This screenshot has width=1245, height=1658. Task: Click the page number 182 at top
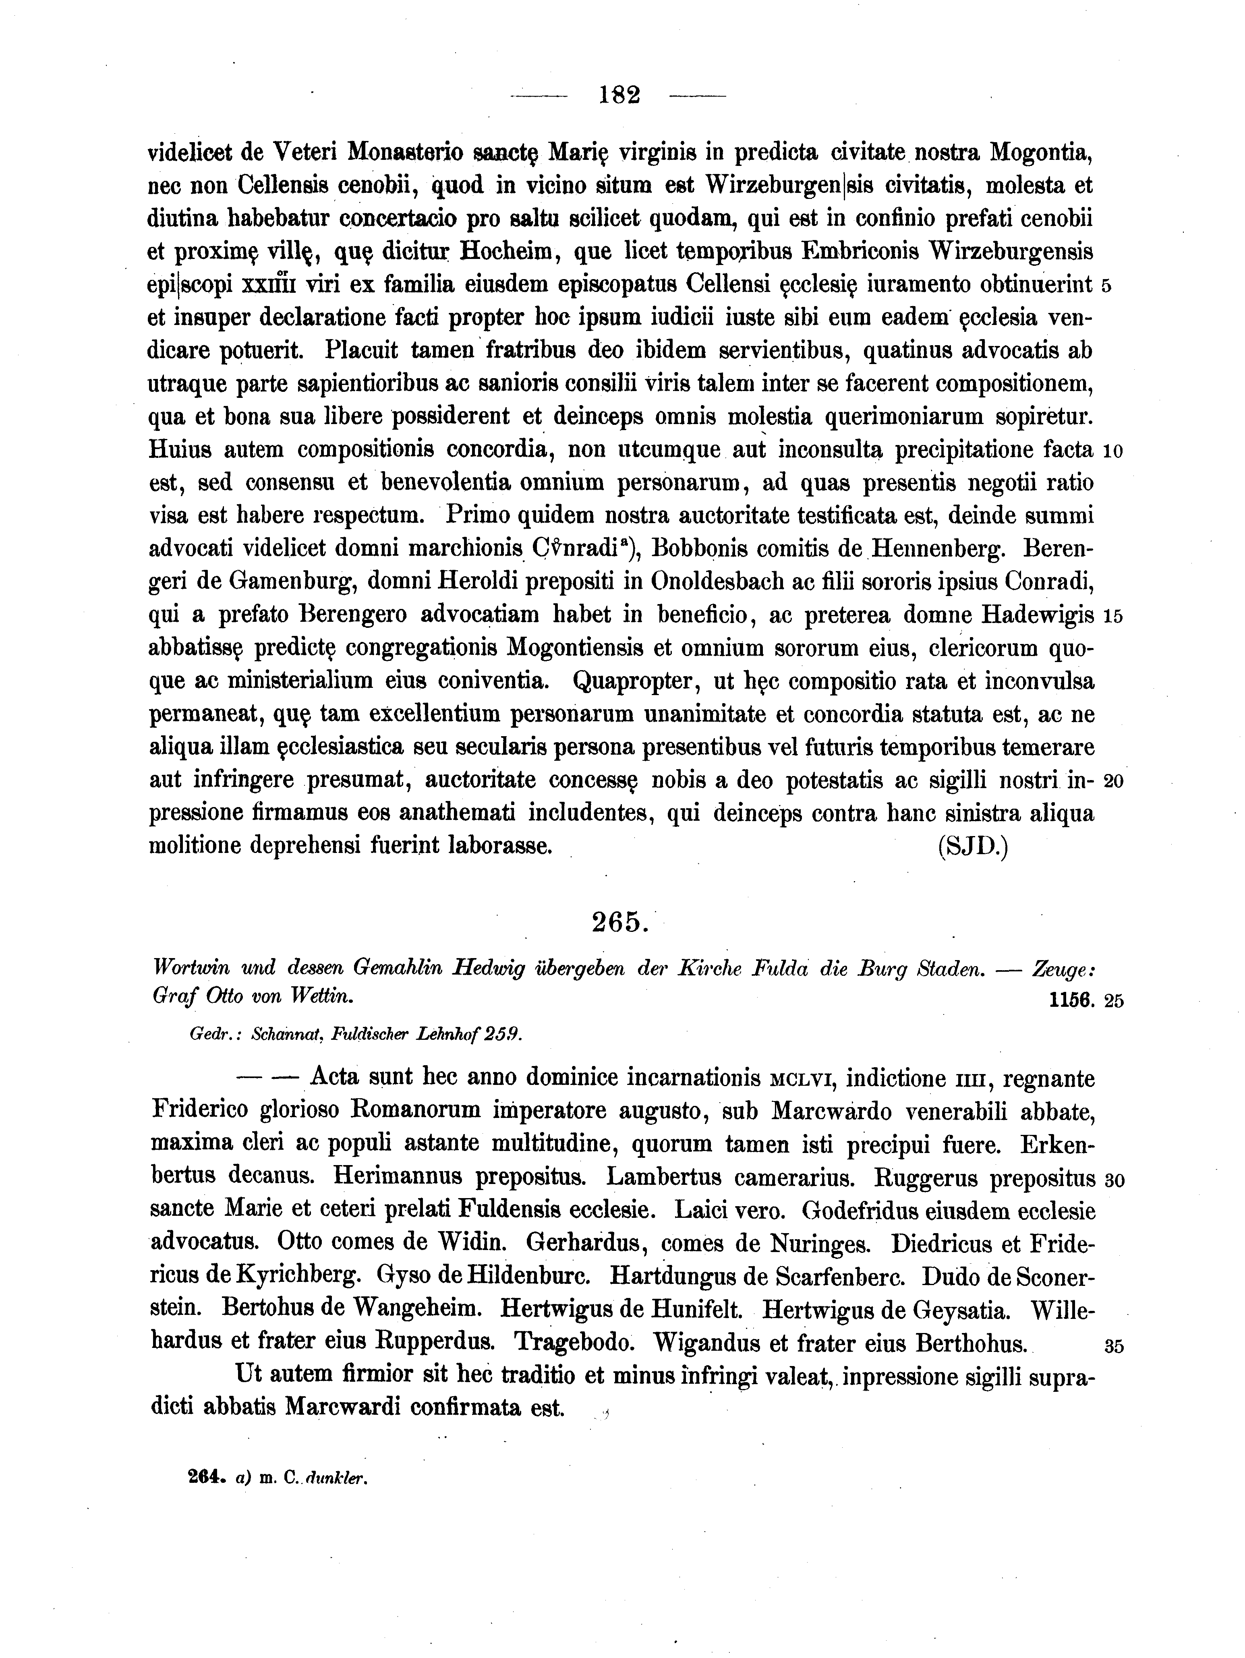click(x=619, y=96)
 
